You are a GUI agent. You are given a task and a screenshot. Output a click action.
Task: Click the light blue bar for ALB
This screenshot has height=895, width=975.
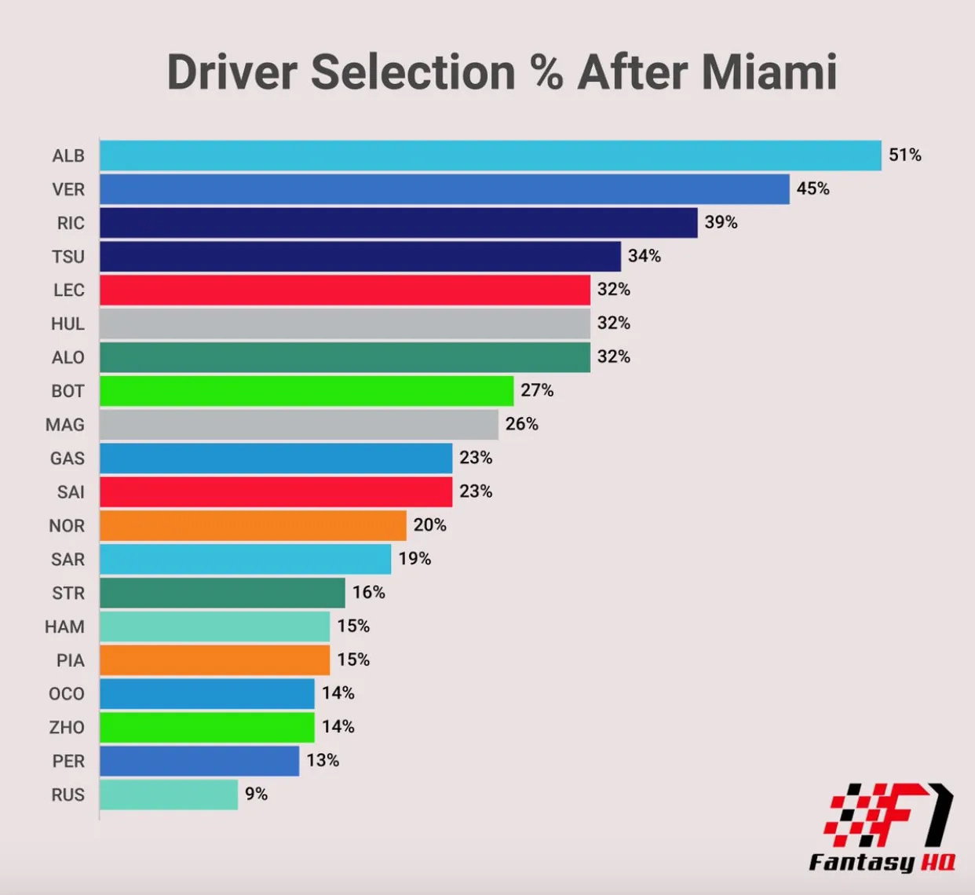click(x=490, y=155)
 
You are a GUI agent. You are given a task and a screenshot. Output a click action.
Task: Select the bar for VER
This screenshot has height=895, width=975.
click(x=444, y=189)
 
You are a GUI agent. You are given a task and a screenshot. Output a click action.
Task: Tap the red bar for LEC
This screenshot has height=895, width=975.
click(x=345, y=290)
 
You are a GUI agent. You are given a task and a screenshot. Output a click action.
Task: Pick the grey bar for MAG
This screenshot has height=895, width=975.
click(x=298, y=425)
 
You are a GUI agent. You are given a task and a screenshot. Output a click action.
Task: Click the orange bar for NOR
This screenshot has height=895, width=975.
click(x=253, y=525)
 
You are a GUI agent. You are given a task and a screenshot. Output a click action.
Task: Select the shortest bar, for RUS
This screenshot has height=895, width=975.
click(x=169, y=795)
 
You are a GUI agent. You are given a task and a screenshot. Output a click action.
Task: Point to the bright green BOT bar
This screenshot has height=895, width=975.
click(x=306, y=391)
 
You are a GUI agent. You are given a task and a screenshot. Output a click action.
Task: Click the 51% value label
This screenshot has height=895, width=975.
click(x=904, y=155)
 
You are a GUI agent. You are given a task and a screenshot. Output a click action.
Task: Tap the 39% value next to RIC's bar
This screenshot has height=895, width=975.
click(x=721, y=222)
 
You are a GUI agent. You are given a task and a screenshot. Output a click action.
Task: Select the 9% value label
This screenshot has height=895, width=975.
click(x=256, y=794)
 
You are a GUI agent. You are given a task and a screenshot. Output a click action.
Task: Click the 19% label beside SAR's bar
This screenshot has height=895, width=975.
click(x=414, y=558)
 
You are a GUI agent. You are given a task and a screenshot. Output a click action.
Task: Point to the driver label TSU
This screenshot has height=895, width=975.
click(x=68, y=257)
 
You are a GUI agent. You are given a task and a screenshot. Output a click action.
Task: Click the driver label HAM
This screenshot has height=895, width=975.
click(x=64, y=626)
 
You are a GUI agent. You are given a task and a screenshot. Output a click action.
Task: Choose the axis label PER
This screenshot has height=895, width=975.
click(x=68, y=762)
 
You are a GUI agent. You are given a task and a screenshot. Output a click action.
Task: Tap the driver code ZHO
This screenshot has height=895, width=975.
click(x=67, y=728)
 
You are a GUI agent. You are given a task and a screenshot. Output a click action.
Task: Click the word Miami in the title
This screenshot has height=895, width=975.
click(x=769, y=72)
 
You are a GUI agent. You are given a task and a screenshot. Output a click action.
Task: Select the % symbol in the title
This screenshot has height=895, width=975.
click(x=546, y=72)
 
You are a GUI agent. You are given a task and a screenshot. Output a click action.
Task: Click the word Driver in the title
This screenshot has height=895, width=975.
click(x=232, y=72)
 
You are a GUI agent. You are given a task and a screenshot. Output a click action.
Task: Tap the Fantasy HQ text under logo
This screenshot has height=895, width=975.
click(x=882, y=862)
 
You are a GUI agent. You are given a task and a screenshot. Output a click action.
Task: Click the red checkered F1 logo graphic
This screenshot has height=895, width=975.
click(x=887, y=815)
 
